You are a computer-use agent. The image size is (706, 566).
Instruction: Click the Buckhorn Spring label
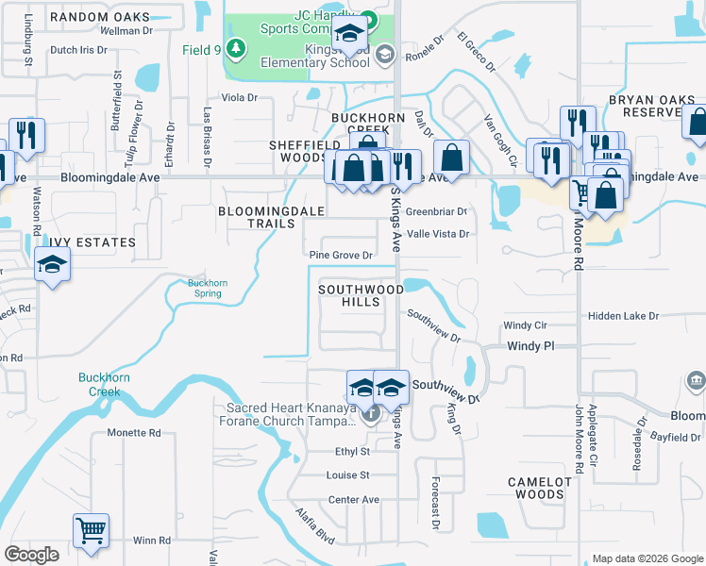(x=204, y=288)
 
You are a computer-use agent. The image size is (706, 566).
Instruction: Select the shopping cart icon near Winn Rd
(x=91, y=530)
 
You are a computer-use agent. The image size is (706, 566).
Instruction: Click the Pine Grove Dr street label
(x=342, y=255)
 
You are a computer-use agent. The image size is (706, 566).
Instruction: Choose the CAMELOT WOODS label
(x=540, y=488)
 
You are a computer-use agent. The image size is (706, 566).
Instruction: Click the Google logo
(x=31, y=555)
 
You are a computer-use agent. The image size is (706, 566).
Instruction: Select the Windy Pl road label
(x=529, y=346)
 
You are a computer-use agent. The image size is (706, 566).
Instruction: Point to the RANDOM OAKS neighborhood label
(x=100, y=18)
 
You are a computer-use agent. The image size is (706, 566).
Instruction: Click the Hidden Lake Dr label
(x=623, y=316)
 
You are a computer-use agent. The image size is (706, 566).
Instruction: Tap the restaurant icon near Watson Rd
(x=25, y=136)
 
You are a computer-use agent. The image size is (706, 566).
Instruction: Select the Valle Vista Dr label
(x=438, y=234)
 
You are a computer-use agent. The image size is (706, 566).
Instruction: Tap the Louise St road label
(x=347, y=475)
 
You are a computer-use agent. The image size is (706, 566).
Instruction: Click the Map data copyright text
(x=647, y=558)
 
